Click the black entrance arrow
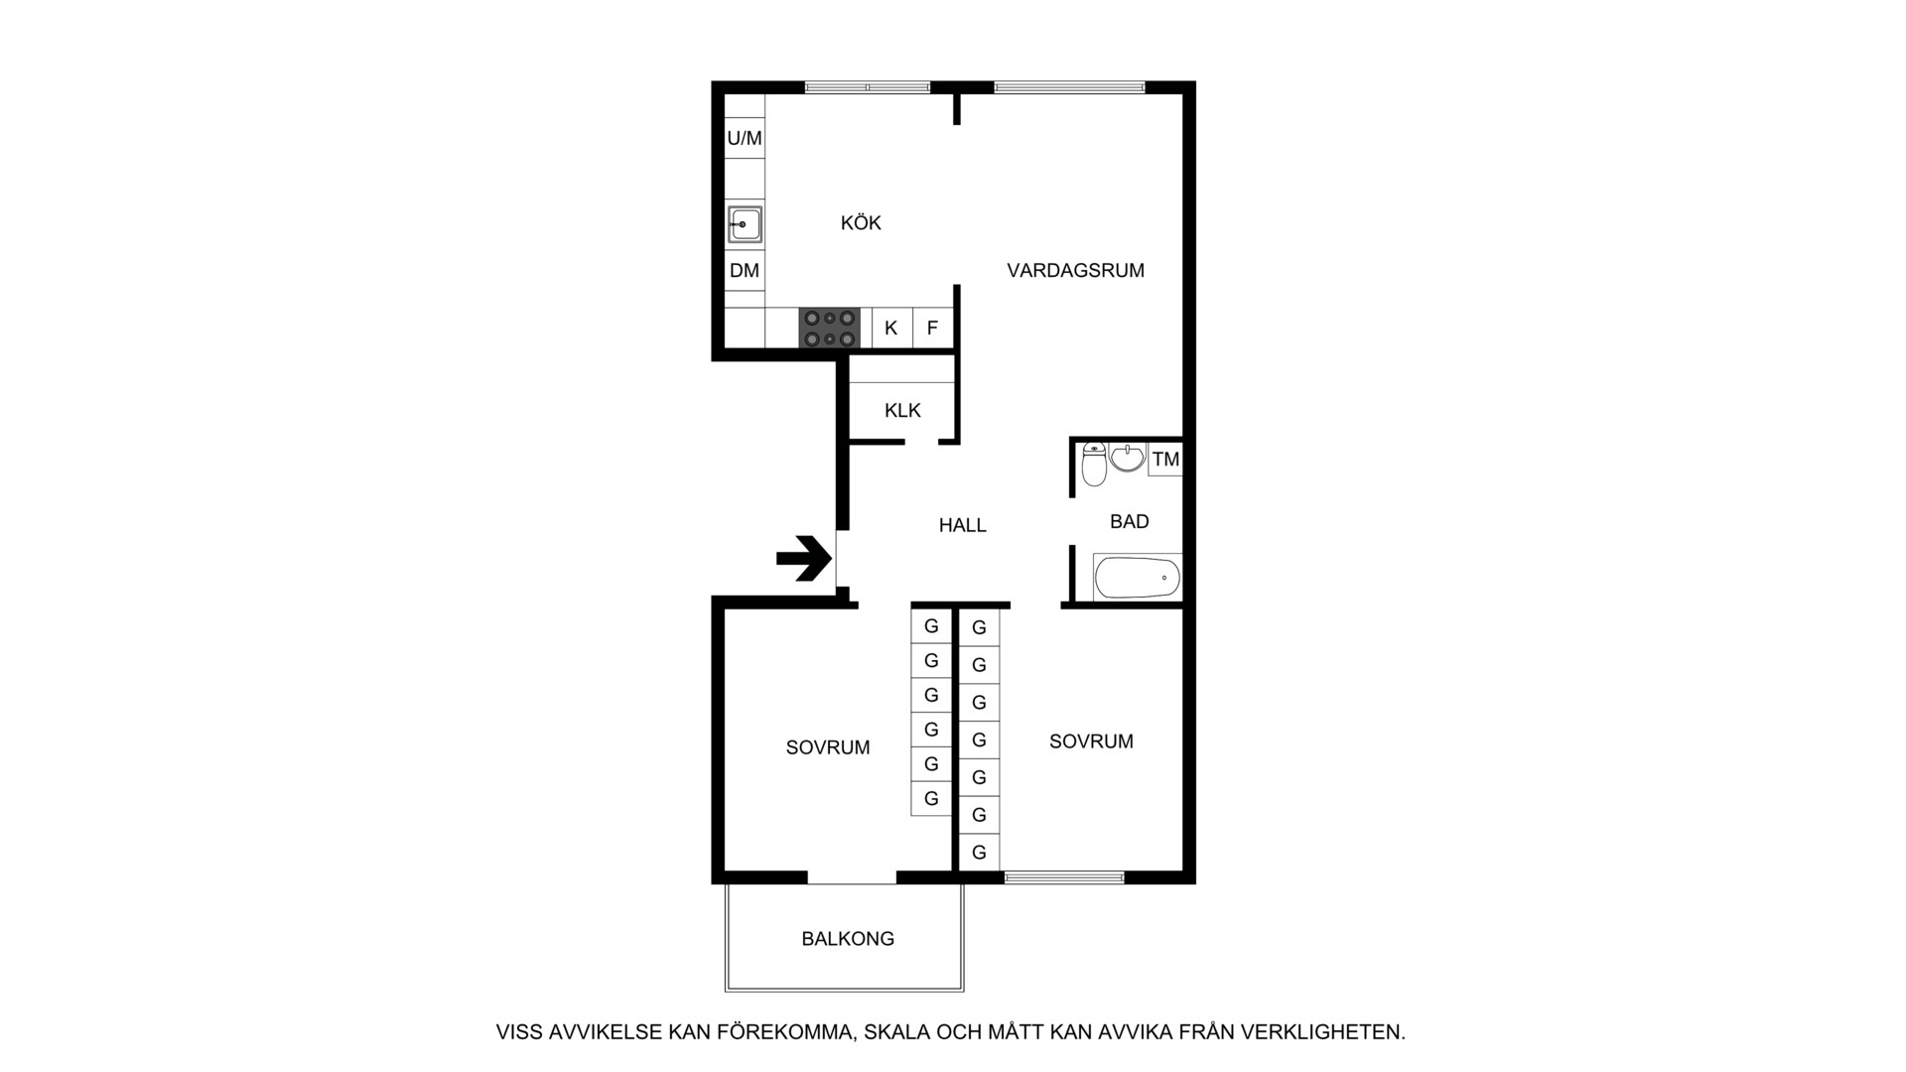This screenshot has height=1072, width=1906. [804, 558]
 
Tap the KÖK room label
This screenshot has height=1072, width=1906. [861, 222]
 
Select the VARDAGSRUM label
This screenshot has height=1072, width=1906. [1075, 270]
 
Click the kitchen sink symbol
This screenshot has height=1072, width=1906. [745, 224]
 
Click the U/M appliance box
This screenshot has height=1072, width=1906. [745, 138]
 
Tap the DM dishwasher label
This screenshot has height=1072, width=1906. [745, 270]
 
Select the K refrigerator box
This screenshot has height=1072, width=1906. [891, 328]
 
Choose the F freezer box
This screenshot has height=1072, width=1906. [932, 328]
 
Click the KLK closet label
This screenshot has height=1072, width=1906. [902, 410]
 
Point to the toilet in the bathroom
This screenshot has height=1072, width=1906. [1094, 464]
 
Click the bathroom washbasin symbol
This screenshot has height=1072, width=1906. [1128, 457]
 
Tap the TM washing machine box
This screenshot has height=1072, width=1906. [1165, 459]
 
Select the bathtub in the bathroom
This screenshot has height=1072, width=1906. [1138, 577]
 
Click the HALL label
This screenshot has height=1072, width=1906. [963, 525]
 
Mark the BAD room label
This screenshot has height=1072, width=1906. [1130, 521]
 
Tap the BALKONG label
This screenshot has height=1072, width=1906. [848, 938]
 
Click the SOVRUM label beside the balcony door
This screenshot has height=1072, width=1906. [828, 747]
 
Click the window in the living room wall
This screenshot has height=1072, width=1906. [1070, 87]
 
